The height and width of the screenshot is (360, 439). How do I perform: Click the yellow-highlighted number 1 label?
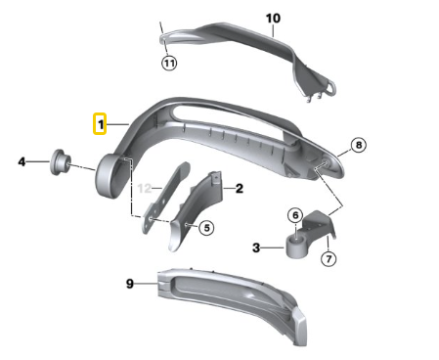[100, 123]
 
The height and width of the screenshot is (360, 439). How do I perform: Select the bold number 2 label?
[240, 188]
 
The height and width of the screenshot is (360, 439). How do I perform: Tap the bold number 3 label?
[256, 247]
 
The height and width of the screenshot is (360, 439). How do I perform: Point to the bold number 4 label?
[22, 161]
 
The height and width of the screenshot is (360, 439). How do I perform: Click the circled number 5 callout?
[206, 227]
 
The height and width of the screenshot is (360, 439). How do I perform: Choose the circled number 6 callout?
[295, 215]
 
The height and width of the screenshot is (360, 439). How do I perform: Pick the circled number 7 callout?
[329, 258]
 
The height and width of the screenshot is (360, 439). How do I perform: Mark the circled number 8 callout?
[359, 145]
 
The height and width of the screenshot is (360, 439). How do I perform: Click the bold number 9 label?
[130, 284]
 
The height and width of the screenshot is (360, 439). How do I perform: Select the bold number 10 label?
[273, 19]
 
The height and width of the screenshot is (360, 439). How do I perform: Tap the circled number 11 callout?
[169, 63]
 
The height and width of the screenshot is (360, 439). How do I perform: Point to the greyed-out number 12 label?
[145, 188]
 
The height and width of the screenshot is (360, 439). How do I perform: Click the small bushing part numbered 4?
[60, 162]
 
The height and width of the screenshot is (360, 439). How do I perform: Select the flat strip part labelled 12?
[165, 197]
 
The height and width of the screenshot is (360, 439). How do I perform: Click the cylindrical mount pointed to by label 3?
[297, 247]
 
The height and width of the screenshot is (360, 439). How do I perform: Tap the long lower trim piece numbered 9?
[232, 301]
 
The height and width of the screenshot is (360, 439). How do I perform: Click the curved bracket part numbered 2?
[196, 209]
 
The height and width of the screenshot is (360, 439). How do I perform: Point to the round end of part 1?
[107, 175]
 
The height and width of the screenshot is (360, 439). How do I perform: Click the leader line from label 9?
[147, 284]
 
